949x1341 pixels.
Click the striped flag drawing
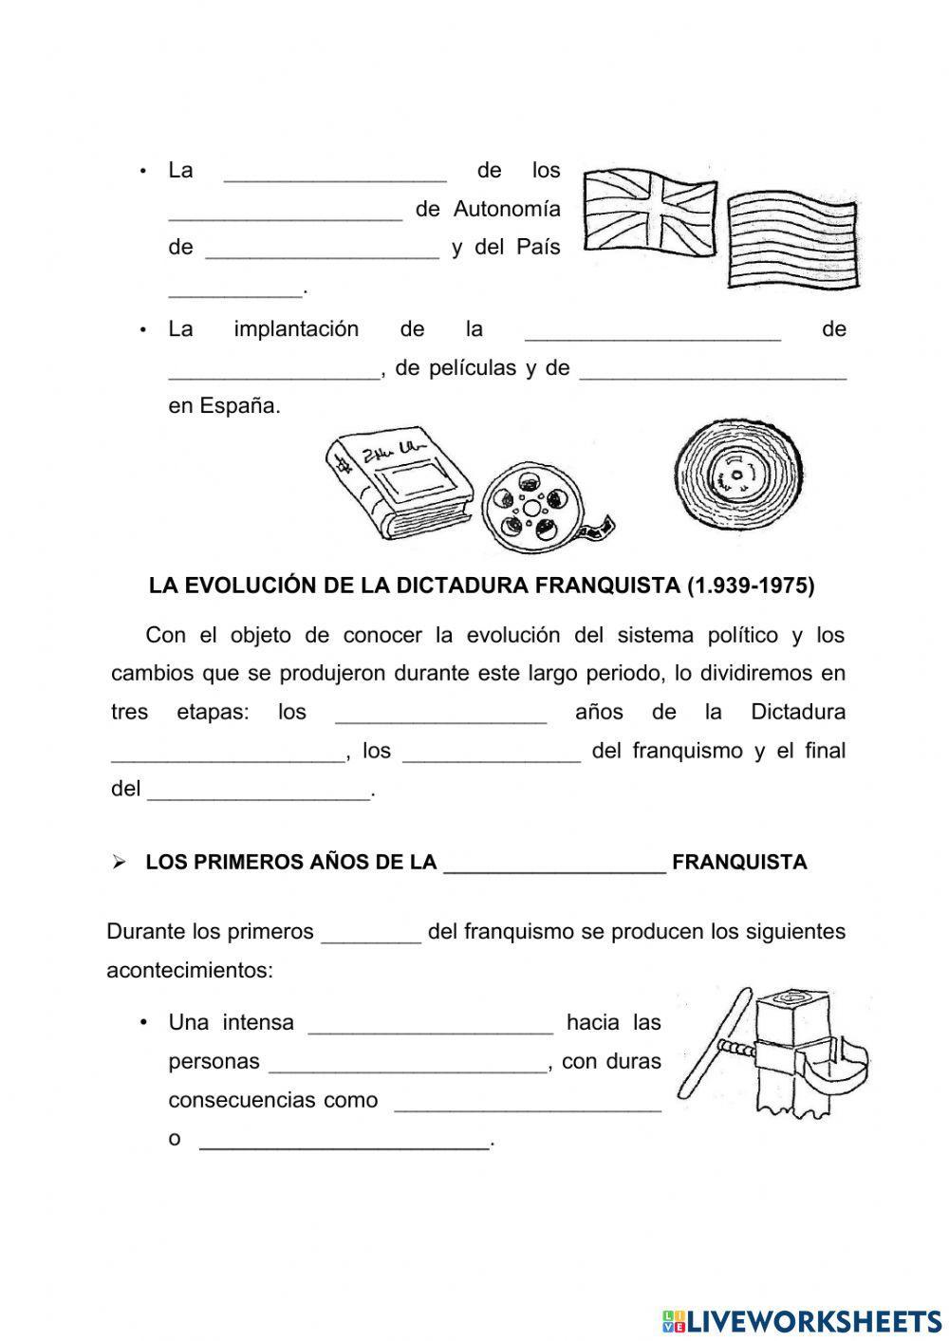tap(793, 242)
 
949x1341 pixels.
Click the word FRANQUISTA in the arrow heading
tap(739, 863)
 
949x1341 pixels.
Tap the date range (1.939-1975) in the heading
tap(750, 586)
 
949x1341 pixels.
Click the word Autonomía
tap(507, 209)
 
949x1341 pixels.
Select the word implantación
tap(296, 329)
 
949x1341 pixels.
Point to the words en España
tap(224, 406)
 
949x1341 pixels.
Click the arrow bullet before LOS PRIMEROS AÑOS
tap(119, 863)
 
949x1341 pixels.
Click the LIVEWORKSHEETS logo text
tap(813, 1320)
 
